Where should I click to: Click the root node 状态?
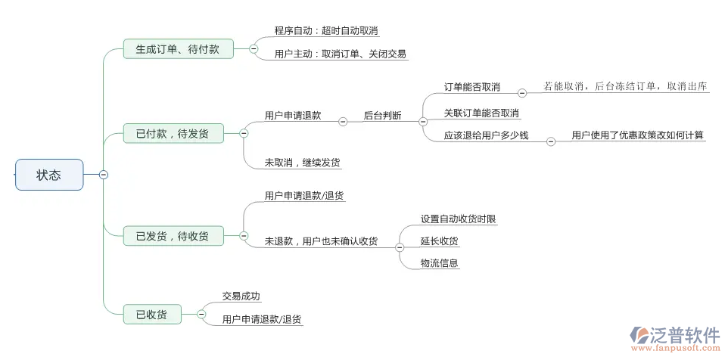coord(49,175)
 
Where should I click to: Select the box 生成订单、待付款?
coord(178,50)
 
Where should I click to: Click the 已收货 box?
coord(152,314)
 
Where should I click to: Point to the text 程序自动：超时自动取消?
coord(326,31)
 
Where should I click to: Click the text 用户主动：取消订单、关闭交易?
coord(341,54)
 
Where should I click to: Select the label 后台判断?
coord(382,116)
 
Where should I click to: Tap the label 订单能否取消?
coord(472,87)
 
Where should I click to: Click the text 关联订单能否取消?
coord(481,113)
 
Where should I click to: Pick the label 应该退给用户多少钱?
coord(487,135)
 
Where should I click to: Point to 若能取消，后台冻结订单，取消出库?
coord(626,87)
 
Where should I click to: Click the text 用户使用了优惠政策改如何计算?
coord(637,135)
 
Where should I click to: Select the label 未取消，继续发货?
coord(297,162)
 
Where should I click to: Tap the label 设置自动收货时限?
coord(459,219)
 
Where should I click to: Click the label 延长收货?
coord(440,241)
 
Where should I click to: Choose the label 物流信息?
coord(440,263)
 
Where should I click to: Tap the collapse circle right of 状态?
coord(104,175)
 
